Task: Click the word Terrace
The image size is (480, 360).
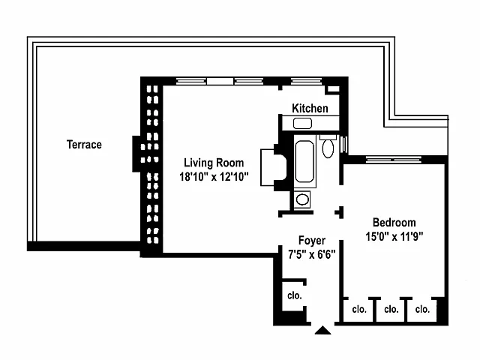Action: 84,145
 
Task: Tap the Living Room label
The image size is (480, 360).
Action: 214,163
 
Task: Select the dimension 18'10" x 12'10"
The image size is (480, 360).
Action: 214,178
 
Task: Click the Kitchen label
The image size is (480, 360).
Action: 310,109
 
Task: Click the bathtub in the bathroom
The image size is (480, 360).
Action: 304,161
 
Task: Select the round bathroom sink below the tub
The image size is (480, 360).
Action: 302,199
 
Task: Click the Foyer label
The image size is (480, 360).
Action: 312,240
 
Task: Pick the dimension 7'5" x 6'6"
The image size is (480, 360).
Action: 312,253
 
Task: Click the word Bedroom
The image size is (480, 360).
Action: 394,223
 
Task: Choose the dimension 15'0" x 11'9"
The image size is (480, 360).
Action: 394,236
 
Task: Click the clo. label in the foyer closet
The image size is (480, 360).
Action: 294,295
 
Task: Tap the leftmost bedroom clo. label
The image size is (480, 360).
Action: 358,309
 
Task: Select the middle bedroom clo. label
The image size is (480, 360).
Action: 391,309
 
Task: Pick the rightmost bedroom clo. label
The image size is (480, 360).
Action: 423,309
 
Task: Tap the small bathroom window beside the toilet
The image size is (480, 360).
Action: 343,144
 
